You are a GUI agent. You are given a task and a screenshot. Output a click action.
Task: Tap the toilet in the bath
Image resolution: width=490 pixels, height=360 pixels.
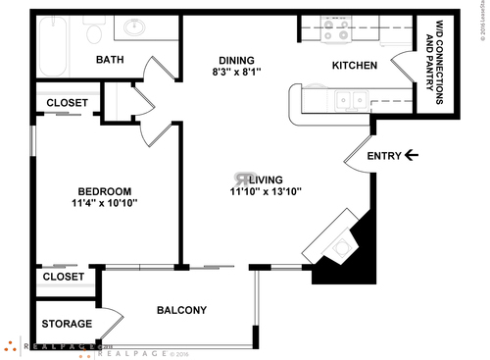[95, 33]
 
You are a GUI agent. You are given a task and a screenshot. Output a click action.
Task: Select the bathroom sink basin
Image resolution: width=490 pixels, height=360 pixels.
[133, 26]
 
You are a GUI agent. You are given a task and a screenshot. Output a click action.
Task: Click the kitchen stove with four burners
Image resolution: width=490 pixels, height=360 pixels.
[337, 32]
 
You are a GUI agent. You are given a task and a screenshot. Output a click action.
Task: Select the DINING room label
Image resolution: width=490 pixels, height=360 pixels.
[236, 59]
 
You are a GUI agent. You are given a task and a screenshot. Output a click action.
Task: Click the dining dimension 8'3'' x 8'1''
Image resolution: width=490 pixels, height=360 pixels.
[236, 72]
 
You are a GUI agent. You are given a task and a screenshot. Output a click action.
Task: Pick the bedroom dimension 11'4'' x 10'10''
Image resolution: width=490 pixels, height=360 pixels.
[104, 204]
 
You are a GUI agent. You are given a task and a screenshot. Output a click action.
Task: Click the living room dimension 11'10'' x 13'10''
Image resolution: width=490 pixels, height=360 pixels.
[259, 192]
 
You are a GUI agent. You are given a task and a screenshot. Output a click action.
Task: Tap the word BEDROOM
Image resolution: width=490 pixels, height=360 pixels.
[104, 191]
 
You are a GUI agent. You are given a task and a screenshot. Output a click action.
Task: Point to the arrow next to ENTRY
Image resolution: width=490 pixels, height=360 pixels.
[412, 155]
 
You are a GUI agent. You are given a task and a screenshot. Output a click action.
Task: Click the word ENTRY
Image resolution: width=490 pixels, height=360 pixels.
[382, 156]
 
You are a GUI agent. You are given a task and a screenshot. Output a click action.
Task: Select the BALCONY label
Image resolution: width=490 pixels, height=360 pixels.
[182, 311]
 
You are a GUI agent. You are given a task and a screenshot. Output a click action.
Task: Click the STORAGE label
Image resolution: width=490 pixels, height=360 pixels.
[67, 324]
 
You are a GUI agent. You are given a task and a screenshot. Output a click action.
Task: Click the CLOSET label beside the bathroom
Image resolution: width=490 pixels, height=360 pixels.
[67, 103]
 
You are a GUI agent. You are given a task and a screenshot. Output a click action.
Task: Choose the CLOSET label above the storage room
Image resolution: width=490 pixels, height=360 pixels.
[63, 279]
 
